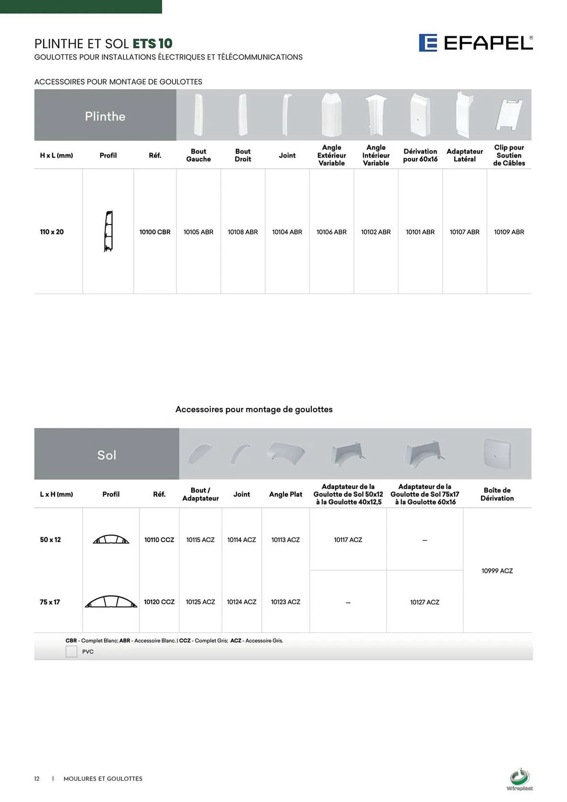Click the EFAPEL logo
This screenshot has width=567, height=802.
pyautogui.click(x=476, y=43)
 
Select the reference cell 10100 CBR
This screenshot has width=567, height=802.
pyautogui.click(x=155, y=232)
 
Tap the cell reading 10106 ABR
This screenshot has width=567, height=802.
pyautogui.click(x=331, y=232)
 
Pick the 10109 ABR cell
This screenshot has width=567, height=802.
pyautogui.click(x=509, y=232)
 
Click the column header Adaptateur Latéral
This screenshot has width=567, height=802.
pyautogui.click(x=464, y=155)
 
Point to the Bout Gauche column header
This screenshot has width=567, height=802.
pyautogui.click(x=198, y=155)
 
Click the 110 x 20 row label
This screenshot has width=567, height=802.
pyautogui.click(x=52, y=232)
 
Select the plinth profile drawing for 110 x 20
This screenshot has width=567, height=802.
pyautogui.click(x=108, y=231)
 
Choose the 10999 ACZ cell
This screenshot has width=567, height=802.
pyautogui.click(x=497, y=571)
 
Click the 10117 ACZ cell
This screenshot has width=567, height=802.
pyautogui.click(x=348, y=540)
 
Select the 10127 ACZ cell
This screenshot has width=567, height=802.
pyautogui.click(x=424, y=602)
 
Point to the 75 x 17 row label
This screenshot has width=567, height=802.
pyautogui.click(x=50, y=602)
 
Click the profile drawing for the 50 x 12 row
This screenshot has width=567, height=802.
pyautogui.click(x=111, y=539)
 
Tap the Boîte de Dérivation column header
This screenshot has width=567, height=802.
pyautogui.click(x=497, y=494)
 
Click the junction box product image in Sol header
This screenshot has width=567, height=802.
pyautogui.click(x=497, y=454)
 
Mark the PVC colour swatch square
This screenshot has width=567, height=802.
pyautogui.click(x=71, y=651)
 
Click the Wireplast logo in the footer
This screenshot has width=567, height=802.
pyautogui.click(x=520, y=779)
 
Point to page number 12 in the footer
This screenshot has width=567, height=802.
pyautogui.click(x=37, y=779)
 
